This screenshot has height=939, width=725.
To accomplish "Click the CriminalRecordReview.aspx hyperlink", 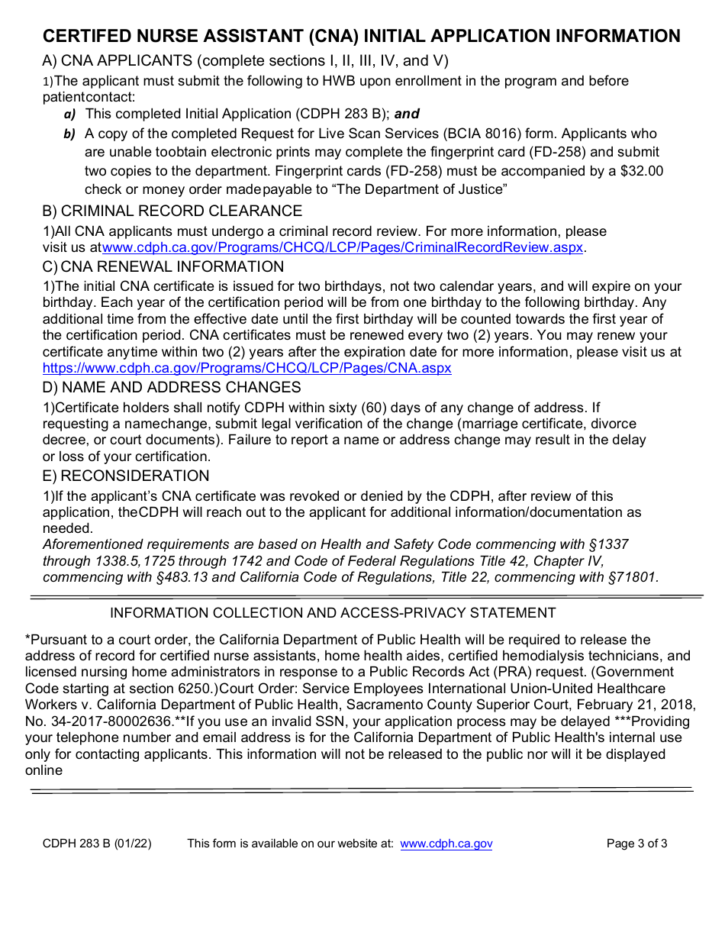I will (x=343, y=247).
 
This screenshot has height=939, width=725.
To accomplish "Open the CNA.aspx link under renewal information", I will (x=246, y=368).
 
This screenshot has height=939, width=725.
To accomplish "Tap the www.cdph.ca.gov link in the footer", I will (x=446, y=844).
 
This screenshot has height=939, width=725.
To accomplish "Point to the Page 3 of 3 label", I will (x=636, y=844).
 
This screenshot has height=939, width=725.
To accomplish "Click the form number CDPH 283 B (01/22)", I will (x=97, y=844).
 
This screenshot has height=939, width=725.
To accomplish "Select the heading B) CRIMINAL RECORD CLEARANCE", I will (x=172, y=211).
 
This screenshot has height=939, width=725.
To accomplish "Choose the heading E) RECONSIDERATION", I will (x=126, y=476).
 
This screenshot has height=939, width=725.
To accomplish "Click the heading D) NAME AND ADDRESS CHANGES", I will (x=172, y=387).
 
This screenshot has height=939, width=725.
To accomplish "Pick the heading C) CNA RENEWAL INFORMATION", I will (x=163, y=266).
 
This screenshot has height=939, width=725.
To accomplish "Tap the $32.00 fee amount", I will (x=643, y=171).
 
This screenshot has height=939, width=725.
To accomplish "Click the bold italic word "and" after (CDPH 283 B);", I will (x=407, y=114).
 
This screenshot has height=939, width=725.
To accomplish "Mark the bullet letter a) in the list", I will (x=69, y=114).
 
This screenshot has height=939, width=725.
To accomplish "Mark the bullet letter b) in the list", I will (x=69, y=134).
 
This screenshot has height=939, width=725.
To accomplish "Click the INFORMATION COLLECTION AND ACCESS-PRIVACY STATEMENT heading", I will (x=333, y=613).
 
